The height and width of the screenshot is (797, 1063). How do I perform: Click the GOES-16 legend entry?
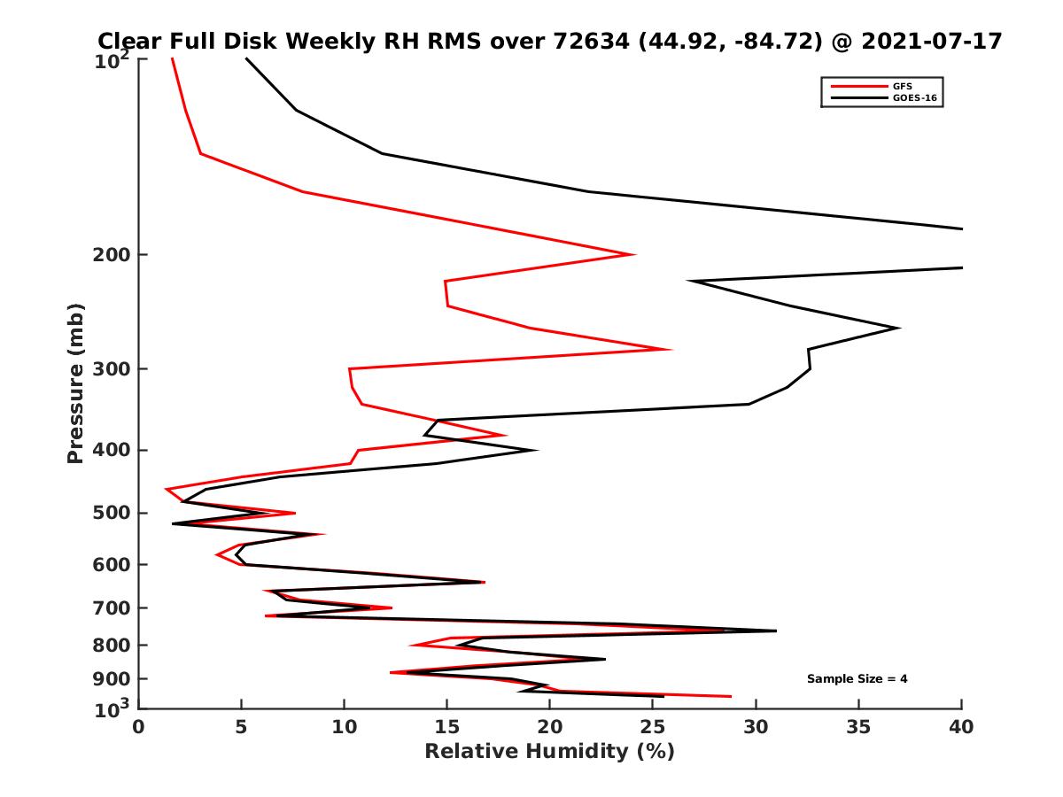(x=912, y=98)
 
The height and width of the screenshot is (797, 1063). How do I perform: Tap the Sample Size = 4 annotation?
(x=857, y=679)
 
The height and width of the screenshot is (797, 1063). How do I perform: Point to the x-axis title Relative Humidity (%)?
(x=549, y=752)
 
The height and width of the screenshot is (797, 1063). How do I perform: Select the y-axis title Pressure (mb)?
(x=75, y=383)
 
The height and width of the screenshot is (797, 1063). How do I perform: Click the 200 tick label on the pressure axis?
(x=107, y=255)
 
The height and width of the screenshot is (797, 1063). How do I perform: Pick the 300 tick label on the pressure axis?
(x=107, y=369)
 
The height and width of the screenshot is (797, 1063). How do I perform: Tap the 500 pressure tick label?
(x=107, y=513)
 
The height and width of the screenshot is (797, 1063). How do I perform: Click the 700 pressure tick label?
(x=107, y=608)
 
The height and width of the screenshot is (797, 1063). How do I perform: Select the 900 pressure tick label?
(x=107, y=679)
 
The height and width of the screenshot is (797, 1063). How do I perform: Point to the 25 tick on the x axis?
(x=653, y=727)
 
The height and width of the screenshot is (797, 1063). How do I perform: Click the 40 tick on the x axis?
(x=961, y=727)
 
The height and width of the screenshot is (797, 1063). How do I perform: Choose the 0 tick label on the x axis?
(x=139, y=727)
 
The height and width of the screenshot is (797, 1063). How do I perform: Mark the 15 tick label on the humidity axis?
(x=447, y=727)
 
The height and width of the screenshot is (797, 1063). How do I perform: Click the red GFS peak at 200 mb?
(x=634, y=255)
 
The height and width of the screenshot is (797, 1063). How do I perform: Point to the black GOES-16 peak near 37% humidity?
(x=899, y=329)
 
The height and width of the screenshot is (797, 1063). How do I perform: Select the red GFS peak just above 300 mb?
(x=671, y=349)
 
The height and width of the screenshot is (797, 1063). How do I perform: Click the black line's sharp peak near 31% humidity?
(x=775, y=631)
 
